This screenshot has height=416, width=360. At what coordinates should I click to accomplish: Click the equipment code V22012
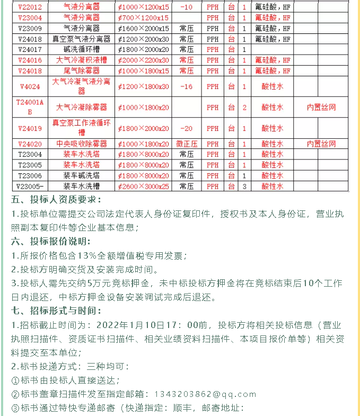[30, 7]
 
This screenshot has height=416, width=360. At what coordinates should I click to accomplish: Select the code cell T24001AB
[30, 108]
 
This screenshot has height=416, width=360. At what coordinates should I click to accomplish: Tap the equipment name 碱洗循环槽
[81, 49]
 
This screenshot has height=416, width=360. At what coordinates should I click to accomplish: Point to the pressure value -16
[186, 86]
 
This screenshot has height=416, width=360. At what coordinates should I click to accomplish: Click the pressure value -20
[186, 128]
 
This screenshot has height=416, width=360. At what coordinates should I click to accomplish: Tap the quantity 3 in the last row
[244, 186]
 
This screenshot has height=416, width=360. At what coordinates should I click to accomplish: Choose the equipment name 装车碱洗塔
[81, 175]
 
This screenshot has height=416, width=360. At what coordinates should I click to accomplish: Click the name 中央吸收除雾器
[81, 144]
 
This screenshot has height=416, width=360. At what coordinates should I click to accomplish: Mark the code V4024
[30, 86]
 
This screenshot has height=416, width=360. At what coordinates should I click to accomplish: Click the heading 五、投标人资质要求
[56, 200]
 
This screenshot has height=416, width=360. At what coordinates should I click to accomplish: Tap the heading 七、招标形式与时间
[56, 311]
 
